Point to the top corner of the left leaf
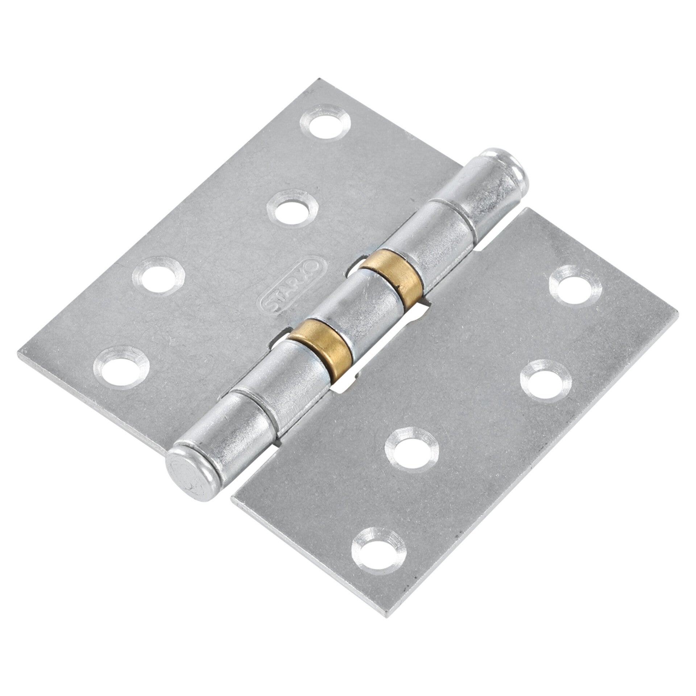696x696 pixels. (x=309, y=79)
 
